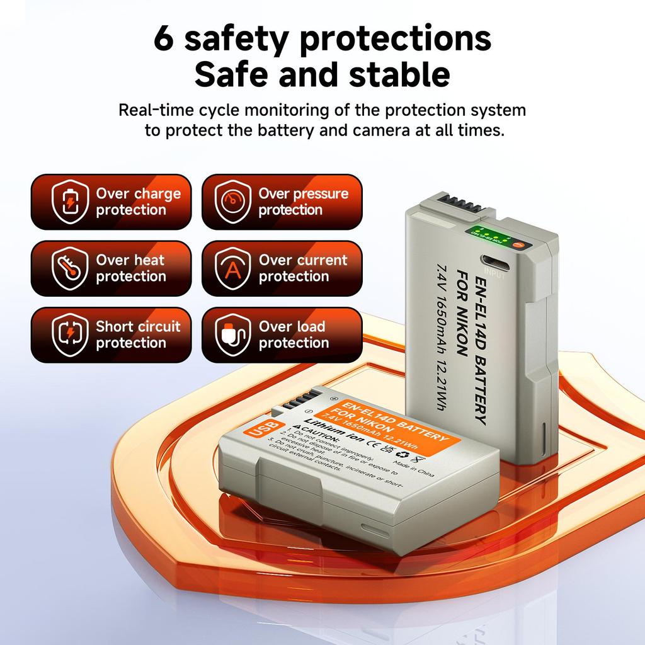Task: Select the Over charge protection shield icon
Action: coord(70,202)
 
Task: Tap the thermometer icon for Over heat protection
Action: coord(70,268)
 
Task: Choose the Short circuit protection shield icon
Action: coord(70,335)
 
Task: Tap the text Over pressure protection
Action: coord(303,202)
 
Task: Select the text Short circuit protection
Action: coord(137,335)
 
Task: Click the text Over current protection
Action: coord(303,268)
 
